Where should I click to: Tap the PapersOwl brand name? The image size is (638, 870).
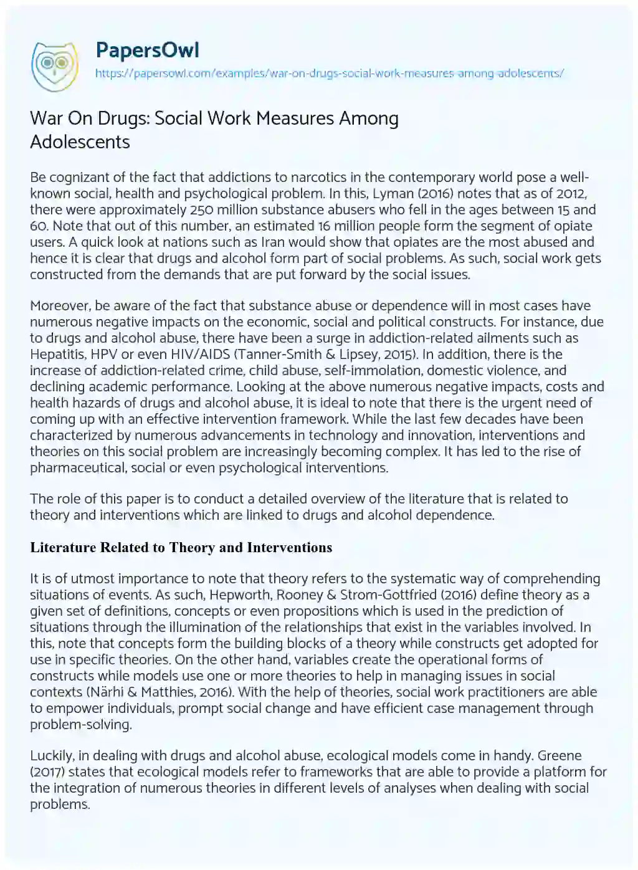click(147, 50)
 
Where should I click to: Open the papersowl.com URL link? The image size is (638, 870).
click(329, 73)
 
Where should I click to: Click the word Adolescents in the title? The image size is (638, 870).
click(80, 142)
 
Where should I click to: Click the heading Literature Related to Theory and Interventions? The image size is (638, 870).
click(181, 548)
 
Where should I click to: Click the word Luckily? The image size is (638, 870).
click(52, 756)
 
